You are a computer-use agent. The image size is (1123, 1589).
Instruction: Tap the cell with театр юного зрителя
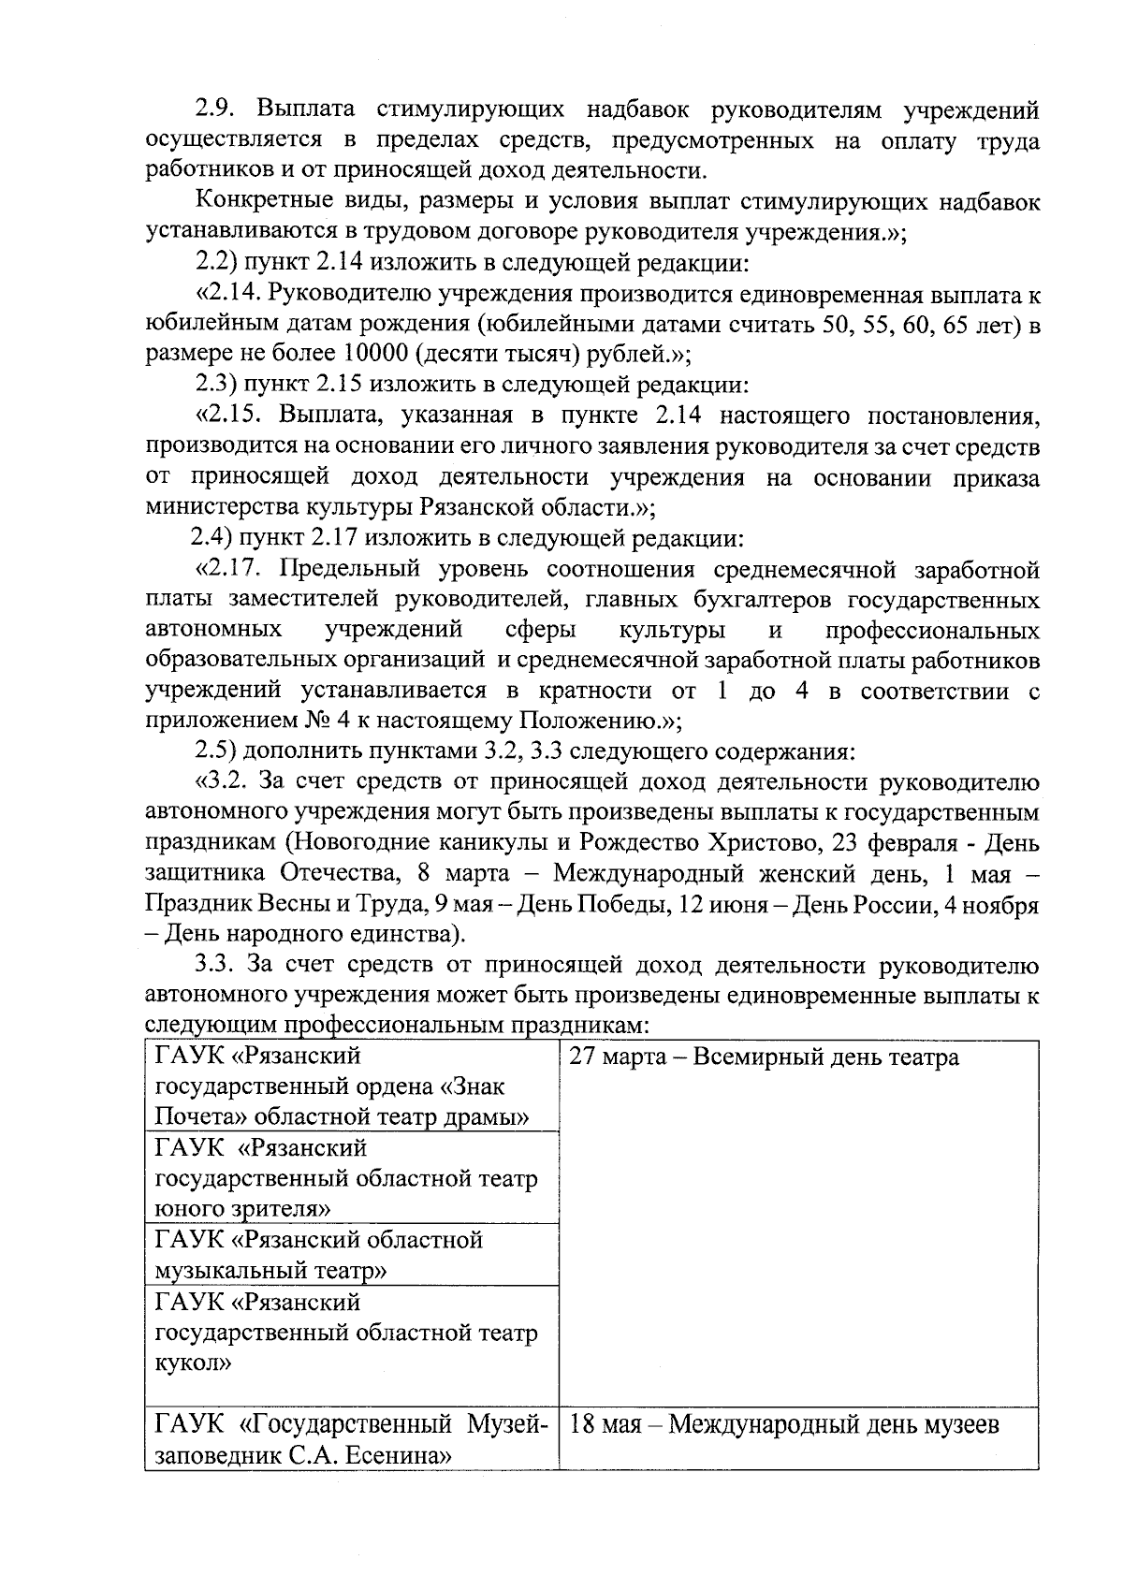pos(346,1178)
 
